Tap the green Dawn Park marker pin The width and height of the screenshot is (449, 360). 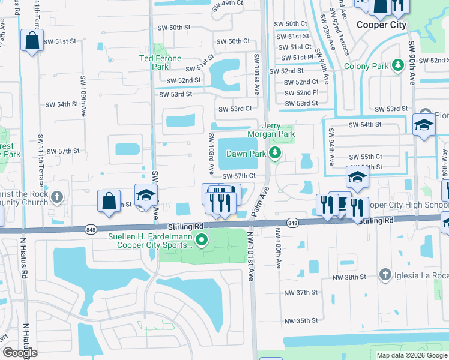click(275, 154)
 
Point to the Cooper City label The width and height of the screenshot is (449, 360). click(381, 25)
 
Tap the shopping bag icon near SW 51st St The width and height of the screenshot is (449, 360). click(31, 41)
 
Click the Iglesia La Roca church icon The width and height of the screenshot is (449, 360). click(385, 275)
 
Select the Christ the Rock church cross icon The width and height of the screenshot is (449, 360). click(57, 197)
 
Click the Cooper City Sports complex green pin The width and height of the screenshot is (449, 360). click(202, 241)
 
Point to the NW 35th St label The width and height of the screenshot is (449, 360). click(301, 321)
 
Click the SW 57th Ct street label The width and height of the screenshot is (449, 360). click(240, 176)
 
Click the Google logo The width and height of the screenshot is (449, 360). click(20, 353)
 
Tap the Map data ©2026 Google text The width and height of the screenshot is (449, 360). click(411, 355)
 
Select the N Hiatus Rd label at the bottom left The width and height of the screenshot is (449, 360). click(26, 339)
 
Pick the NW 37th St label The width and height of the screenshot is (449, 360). click(301, 292)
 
